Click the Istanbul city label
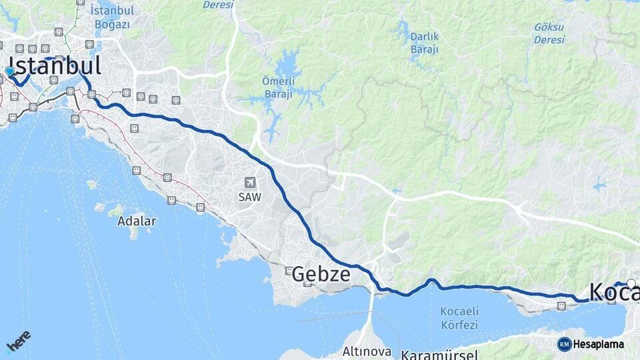point(55,66)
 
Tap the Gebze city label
point(321,274)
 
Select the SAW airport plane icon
point(250,182)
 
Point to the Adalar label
point(136,221)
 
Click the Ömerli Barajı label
point(277,88)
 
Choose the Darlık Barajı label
point(424,42)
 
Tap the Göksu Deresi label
point(549,33)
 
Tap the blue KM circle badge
point(564,344)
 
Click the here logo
point(18,341)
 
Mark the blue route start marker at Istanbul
point(9,71)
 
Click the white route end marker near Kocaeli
point(631,283)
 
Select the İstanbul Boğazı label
point(112,17)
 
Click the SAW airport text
point(250,197)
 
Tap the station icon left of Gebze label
point(289,271)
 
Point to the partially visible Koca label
point(614,293)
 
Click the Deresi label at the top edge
point(218,5)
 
